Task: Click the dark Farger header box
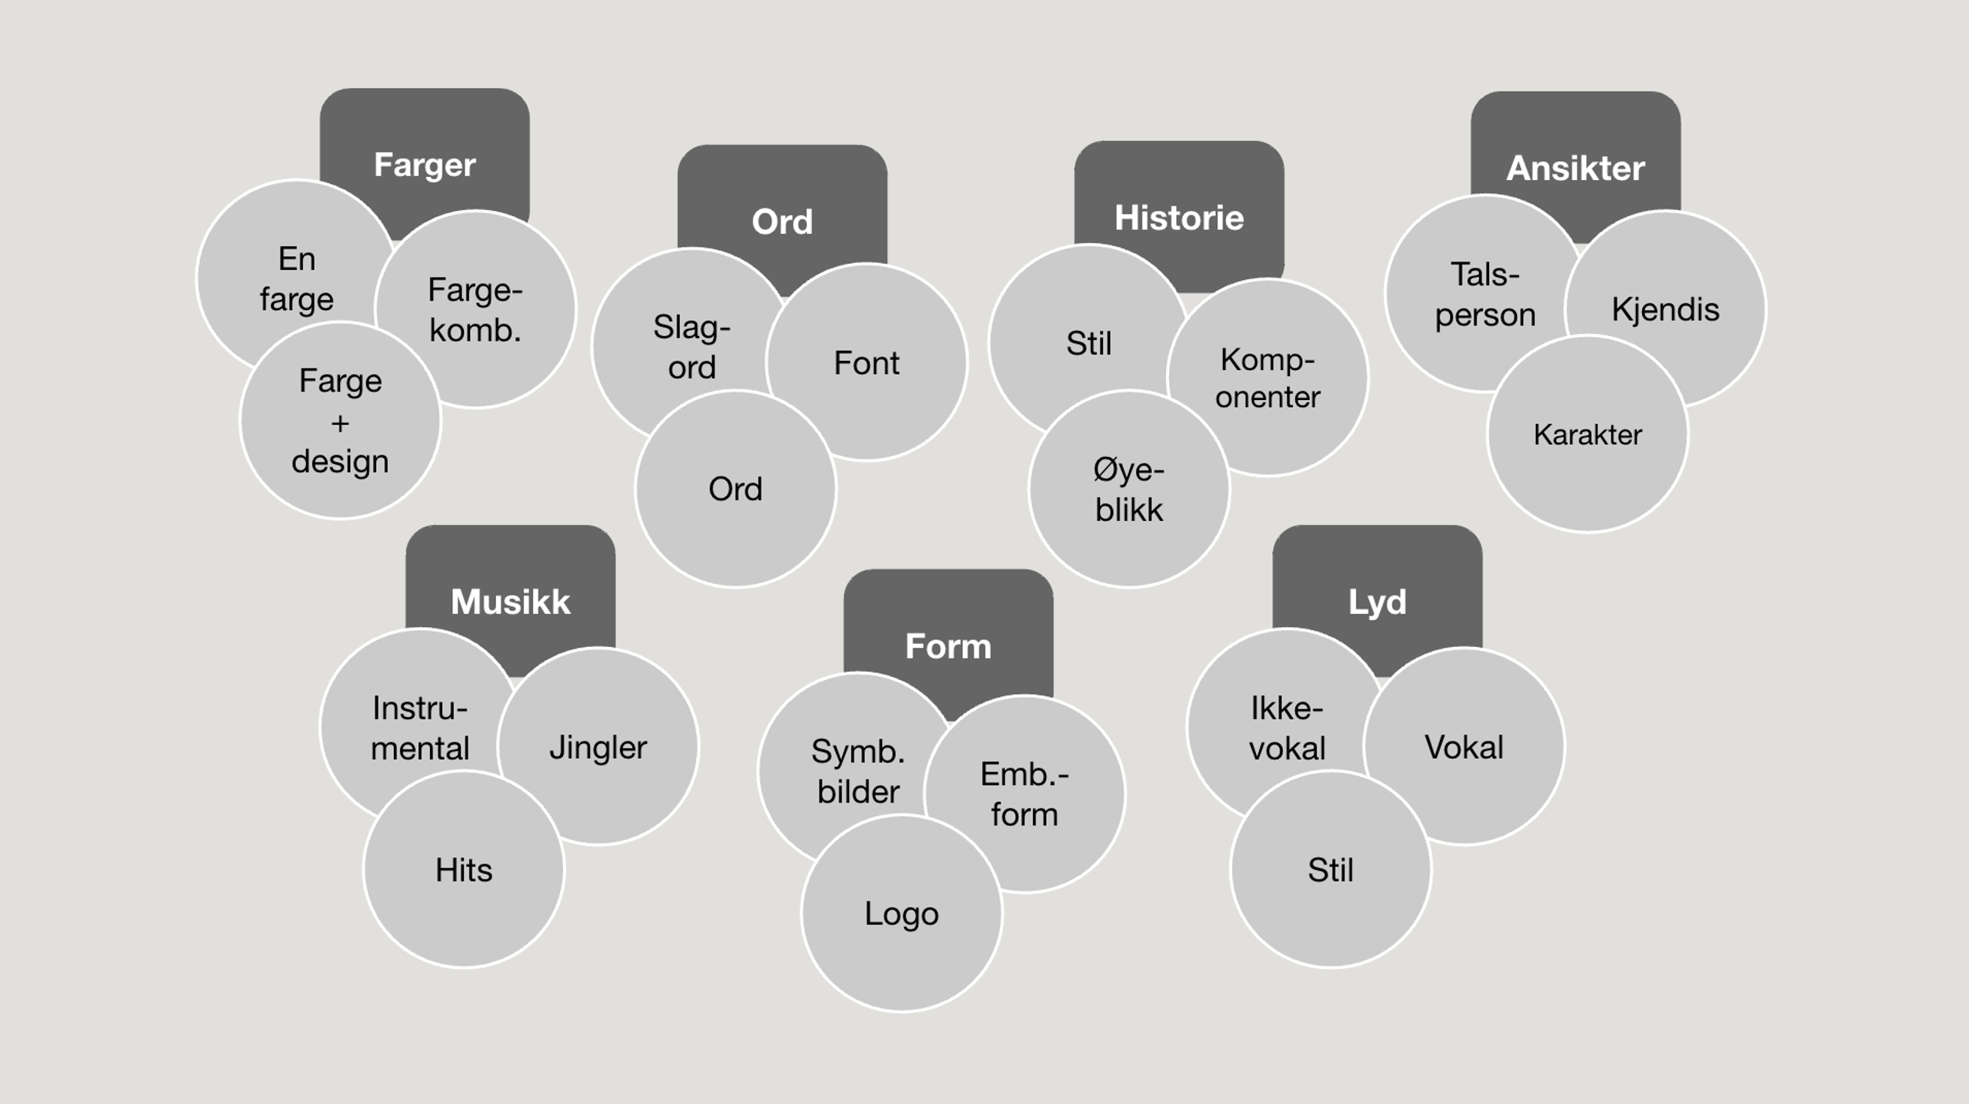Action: click(x=425, y=154)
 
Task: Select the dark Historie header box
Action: click(x=1179, y=208)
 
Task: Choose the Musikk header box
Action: click(x=511, y=592)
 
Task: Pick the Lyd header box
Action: click(x=1377, y=592)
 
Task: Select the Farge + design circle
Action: click(x=340, y=421)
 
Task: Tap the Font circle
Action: click(x=867, y=362)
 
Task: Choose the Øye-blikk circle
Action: click(x=1129, y=490)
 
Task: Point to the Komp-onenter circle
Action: click(x=1268, y=377)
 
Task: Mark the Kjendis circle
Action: click(x=1666, y=309)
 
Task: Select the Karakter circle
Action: click(x=1588, y=435)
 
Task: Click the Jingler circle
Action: click(x=598, y=747)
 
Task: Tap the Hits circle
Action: click(x=464, y=870)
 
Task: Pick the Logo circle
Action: click(x=901, y=914)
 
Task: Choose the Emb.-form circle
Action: click(x=1024, y=794)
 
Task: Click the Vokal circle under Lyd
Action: click(x=1464, y=747)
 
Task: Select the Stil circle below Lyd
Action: click(x=1331, y=870)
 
